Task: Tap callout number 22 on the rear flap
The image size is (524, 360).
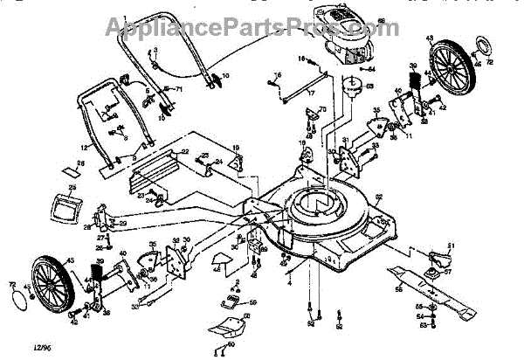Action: point(184,152)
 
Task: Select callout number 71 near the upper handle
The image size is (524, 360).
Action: point(178,90)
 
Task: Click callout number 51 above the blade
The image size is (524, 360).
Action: point(451,245)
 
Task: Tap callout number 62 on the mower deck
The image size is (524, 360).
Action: point(378,195)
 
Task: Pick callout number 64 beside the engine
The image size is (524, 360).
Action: point(371,67)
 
